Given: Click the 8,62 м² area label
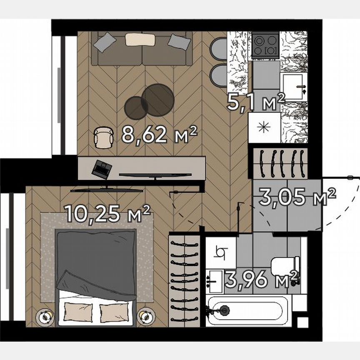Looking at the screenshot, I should point(159,134).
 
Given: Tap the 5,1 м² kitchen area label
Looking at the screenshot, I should point(255,101).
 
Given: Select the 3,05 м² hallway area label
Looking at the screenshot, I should point(297,197).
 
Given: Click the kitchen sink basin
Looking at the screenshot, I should point(294,87).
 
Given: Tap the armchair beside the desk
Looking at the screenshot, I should point(103,137).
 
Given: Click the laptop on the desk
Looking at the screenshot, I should point(102,168).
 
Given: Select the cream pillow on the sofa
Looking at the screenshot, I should point(140,39).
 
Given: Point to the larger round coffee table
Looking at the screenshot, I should point(157,100).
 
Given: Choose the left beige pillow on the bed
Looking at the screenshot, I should point(78,310).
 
